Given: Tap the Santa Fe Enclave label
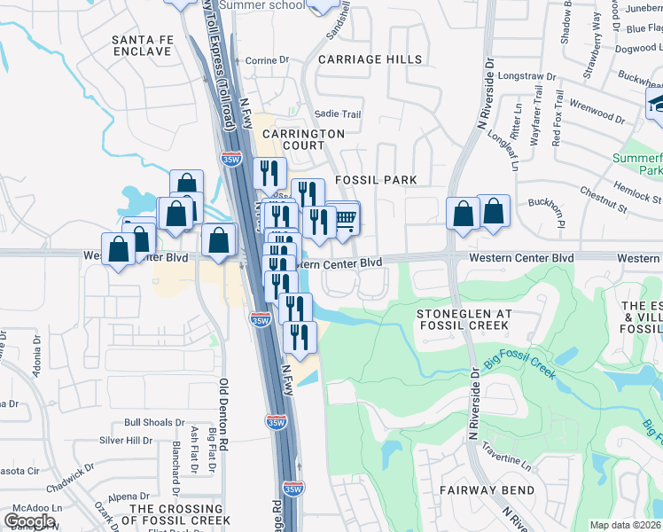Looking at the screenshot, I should click(x=141, y=45).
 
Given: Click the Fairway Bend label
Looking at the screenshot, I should click(x=487, y=490).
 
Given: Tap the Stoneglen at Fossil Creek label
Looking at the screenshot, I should click(x=464, y=319).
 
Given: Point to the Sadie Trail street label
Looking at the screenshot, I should click(x=338, y=114).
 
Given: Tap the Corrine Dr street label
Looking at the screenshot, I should click(x=267, y=60).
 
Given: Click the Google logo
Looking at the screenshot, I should click(x=29, y=521).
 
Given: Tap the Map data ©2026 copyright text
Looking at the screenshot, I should click(x=625, y=525).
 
